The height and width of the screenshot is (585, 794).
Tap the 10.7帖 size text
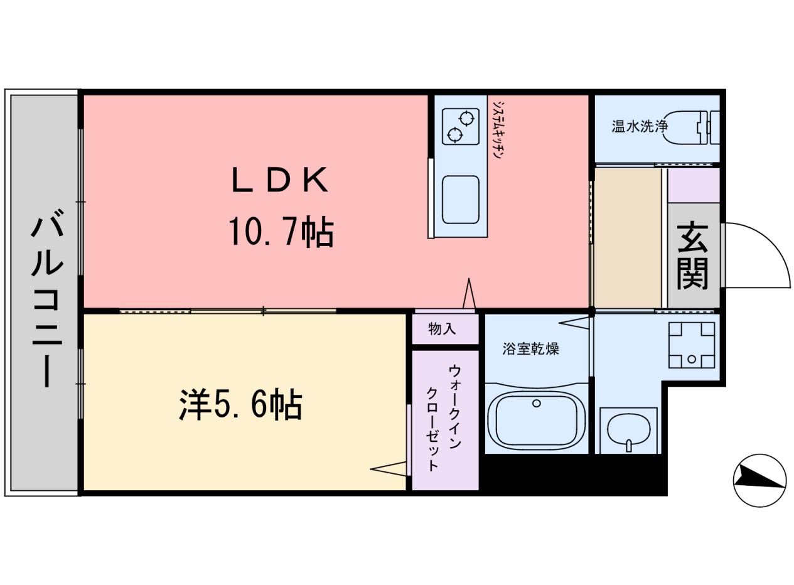[280, 233]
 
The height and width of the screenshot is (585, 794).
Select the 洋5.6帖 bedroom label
[241, 405]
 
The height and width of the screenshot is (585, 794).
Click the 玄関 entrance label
[692, 255]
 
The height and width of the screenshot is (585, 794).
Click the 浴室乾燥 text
[530, 348]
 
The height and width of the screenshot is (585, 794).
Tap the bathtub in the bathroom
[536, 421]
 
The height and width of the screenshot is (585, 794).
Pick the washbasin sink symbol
[628, 431]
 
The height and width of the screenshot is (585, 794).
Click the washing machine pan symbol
[691, 345]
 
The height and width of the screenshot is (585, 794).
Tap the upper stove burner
[466, 117]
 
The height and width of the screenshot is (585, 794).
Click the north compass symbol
[759, 480]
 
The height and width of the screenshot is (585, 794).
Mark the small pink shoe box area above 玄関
[693, 185]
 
